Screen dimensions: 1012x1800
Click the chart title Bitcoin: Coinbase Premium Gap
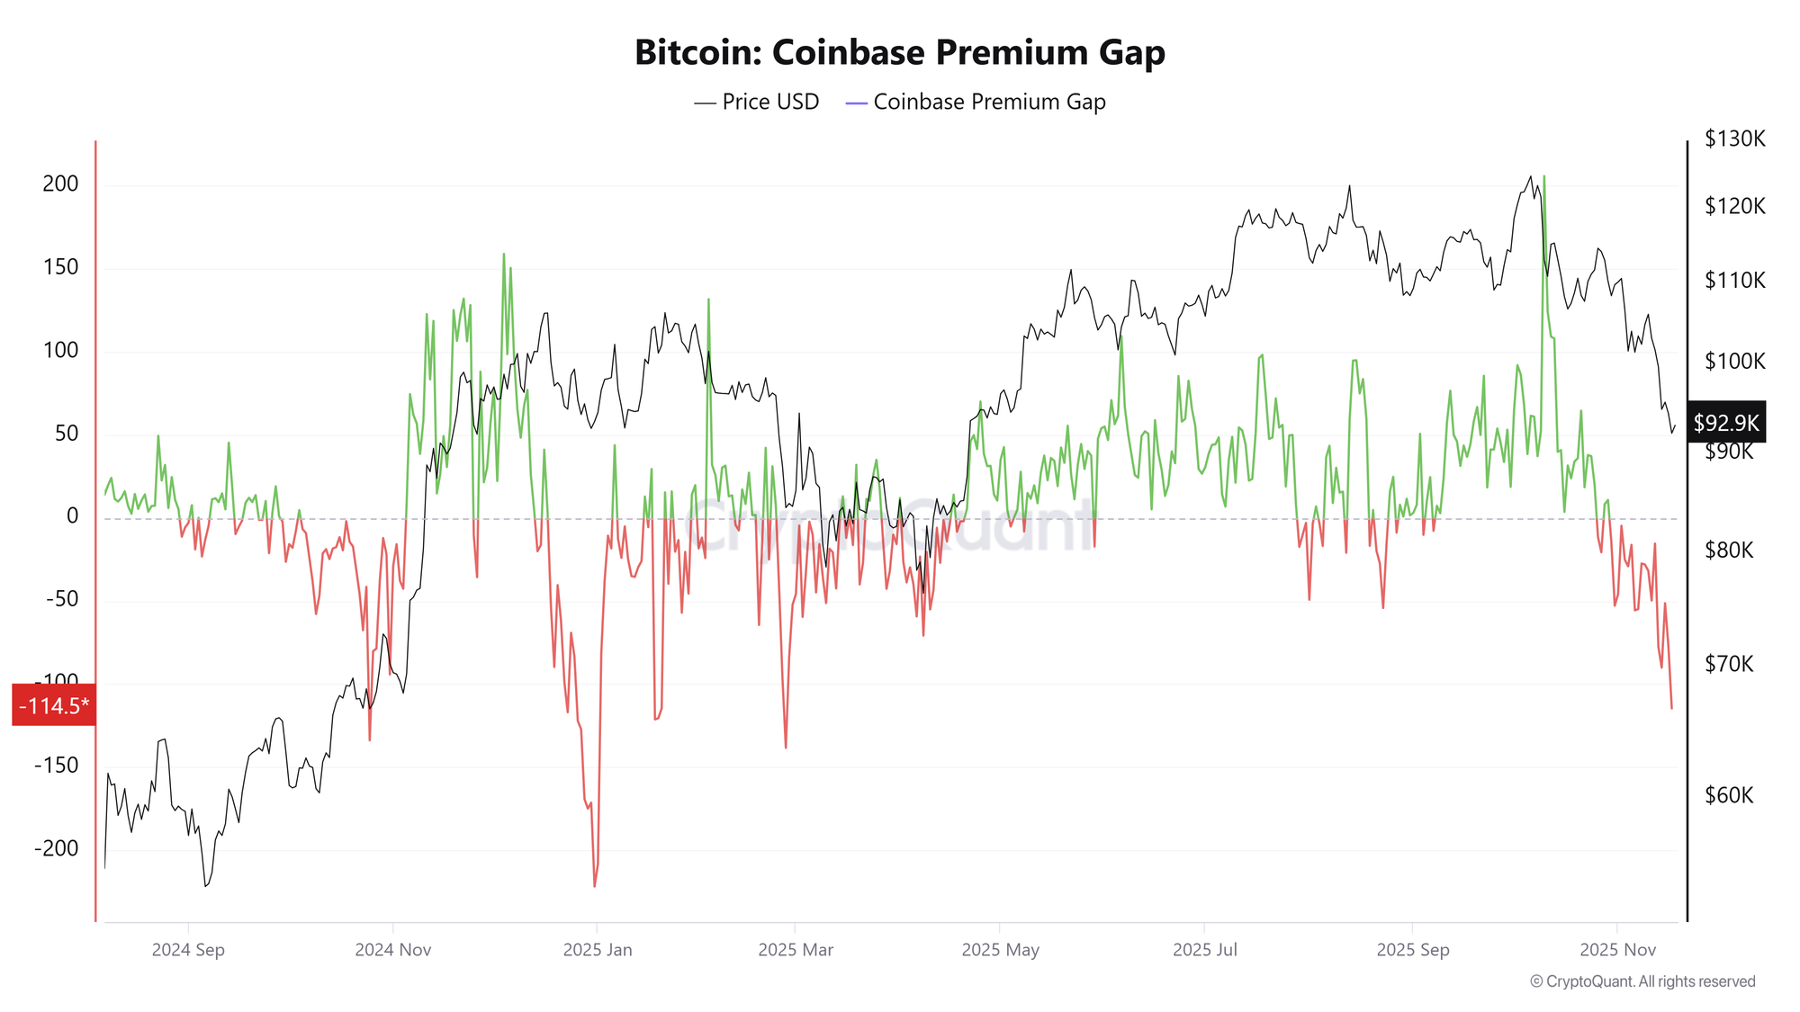pyautogui.click(x=899, y=52)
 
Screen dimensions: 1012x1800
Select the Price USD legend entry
pyautogui.click(x=757, y=103)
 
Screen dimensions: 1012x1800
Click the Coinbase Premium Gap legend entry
pyautogui.click(x=976, y=103)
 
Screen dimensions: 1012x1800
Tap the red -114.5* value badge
pyautogui.click(x=54, y=705)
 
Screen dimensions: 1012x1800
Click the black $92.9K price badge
pyautogui.click(x=1725, y=423)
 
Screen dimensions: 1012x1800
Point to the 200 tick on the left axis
pyautogui.click(x=61, y=184)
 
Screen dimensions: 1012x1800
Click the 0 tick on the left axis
pyautogui.click(x=73, y=516)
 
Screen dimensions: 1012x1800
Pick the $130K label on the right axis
pyautogui.click(x=1734, y=139)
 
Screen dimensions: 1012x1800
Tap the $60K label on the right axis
pyautogui.click(x=1728, y=795)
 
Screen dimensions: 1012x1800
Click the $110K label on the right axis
pyautogui.click(x=1734, y=281)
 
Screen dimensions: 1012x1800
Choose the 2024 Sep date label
pyautogui.click(x=188, y=950)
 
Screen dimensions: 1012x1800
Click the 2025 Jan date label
pyautogui.click(x=598, y=950)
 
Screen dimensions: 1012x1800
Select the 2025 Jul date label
pyautogui.click(x=1205, y=950)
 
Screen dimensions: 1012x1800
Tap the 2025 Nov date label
pyautogui.click(x=1617, y=950)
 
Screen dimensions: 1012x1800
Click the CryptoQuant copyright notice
pyautogui.click(x=1642, y=981)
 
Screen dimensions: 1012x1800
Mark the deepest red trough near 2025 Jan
pyautogui.click(x=595, y=886)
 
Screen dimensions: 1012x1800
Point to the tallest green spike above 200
pyautogui.click(x=1544, y=177)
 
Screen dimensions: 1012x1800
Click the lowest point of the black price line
pyautogui.click(x=206, y=886)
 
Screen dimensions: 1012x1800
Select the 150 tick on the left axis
pyautogui.click(x=61, y=267)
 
